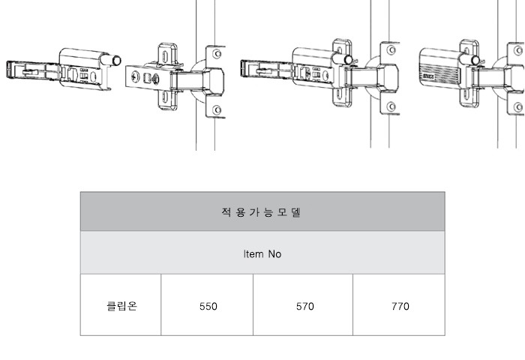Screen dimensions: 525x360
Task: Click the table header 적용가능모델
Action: click(261, 212)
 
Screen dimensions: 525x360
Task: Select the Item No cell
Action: click(262, 254)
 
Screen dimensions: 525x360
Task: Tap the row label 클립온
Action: click(121, 306)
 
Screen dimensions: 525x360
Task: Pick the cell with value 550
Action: click(208, 307)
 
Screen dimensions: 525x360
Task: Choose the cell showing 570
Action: click(304, 307)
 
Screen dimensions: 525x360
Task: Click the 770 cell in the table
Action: click(400, 307)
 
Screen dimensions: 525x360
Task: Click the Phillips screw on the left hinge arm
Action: click(136, 76)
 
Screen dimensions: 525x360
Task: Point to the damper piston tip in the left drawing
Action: click(116, 61)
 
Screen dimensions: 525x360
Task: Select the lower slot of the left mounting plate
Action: click(165, 97)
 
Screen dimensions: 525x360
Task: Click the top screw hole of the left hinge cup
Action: click(217, 54)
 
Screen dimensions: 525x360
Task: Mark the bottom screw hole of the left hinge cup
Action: click(217, 109)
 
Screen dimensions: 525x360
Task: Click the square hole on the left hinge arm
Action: click(147, 78)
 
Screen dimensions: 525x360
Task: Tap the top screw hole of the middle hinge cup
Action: click(391, 50)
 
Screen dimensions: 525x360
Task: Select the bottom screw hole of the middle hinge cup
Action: click(391, 106)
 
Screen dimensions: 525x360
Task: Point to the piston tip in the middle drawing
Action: click(348, 60)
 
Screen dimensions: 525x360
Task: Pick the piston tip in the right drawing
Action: click(475, 61)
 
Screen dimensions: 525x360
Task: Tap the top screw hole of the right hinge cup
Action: click(518, 50)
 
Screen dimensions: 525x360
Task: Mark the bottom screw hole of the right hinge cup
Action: click(518, 107)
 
